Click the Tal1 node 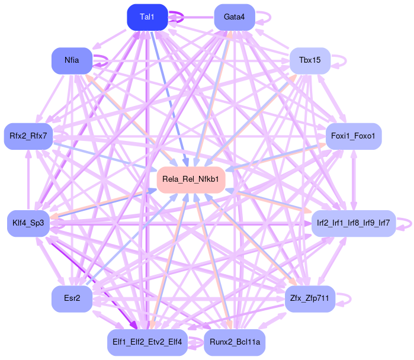click(147, 17)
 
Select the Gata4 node click(235, 17)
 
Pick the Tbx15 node click(310, 60)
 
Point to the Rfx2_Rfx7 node click(28, 136)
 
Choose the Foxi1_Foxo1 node click(354, 136)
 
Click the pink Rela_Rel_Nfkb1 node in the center click(191, 179)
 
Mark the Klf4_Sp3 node click(28, 223)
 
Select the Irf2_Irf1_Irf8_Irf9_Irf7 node click(354, 223)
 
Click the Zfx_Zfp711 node click(310, 298)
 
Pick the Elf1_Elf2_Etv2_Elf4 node click(147, 342)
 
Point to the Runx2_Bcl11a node click(235, 342)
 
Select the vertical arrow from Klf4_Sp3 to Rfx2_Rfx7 click(28, 178)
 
